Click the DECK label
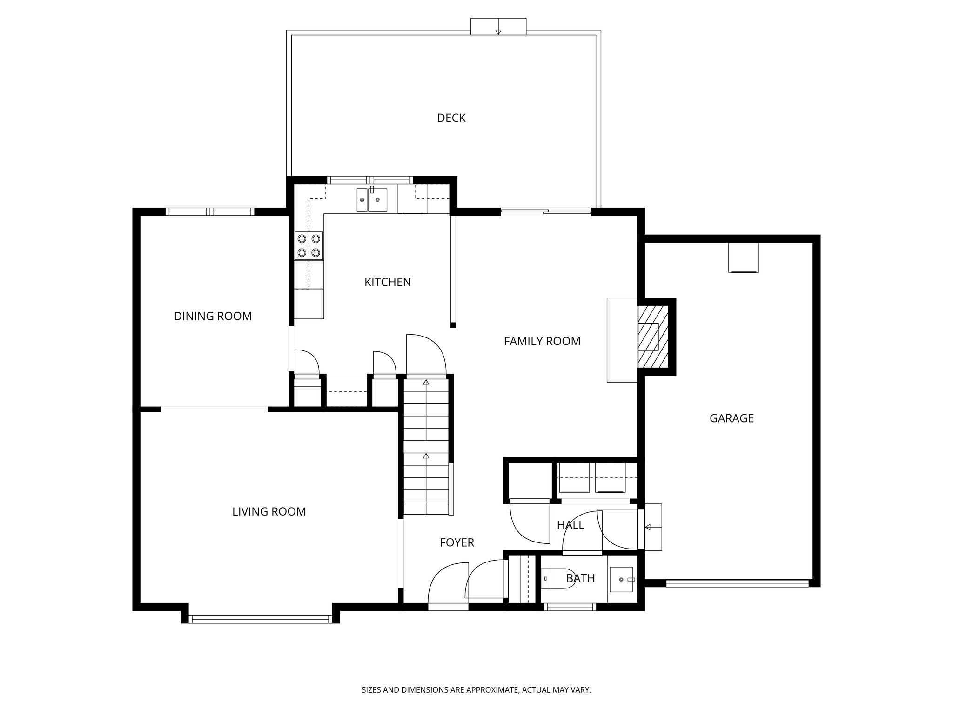pos(451,118)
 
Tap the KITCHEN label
pos(388,282)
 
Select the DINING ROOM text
pos(213,316)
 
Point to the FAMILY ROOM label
pos(542,341)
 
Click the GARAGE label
pos(732,418)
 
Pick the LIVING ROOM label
pos(269,512)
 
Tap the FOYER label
pos(457,542)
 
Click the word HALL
pos(570,525)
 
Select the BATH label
pos(581,578)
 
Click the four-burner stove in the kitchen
pos(309,245)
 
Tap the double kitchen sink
pos(372,200)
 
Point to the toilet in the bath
pos(558,579)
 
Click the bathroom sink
pos(622,579)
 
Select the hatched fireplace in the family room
pos(652,337)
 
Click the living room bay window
pos(261,619)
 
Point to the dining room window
pos(210,212)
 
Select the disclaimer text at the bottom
pos(476,690)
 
